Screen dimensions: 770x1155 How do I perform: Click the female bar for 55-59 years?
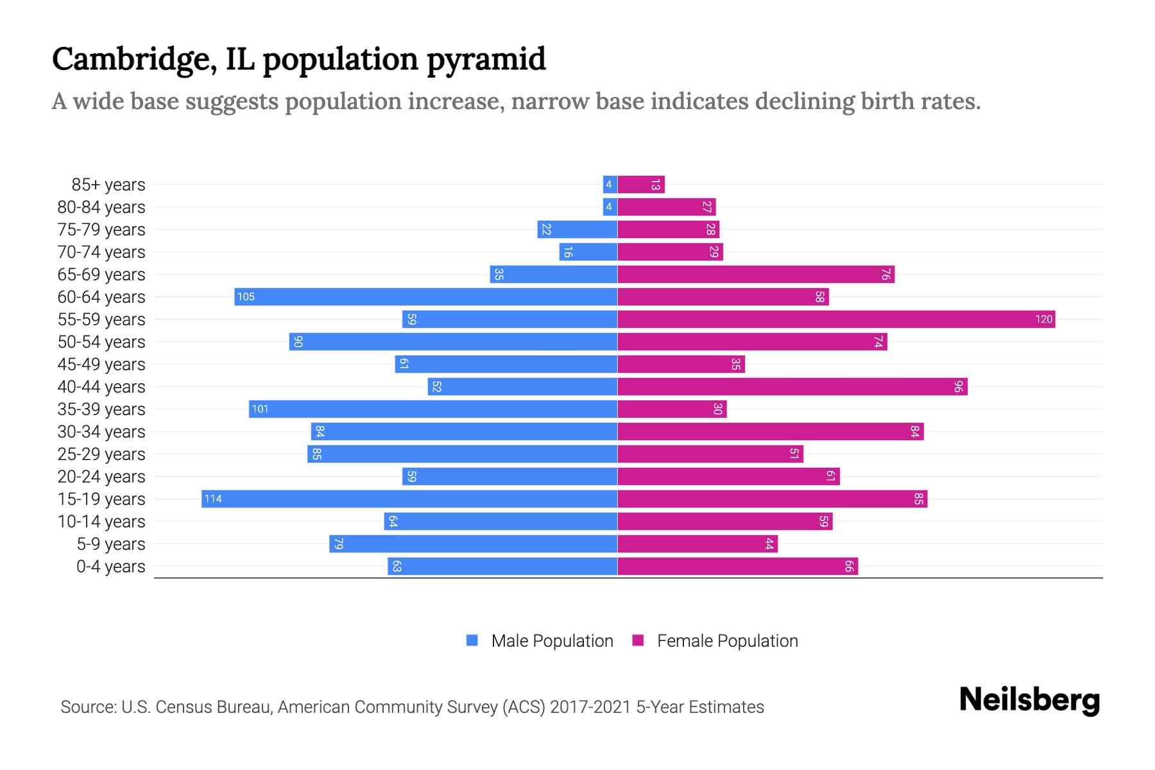(836, 319)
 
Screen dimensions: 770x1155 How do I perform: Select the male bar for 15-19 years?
(409, 499)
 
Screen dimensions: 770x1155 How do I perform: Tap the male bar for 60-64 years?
(425, 296)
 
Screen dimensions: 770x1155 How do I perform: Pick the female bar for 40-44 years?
(792, 386)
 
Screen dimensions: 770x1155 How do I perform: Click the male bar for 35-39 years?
(433, 409)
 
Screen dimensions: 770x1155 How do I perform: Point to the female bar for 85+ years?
(641, 185)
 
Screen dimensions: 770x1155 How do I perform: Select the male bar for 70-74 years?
(588, 252)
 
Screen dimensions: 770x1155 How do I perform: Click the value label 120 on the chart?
(1043, 319)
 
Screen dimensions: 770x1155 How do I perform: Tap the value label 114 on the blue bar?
(213, 499)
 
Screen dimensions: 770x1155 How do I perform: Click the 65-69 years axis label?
(101, 275)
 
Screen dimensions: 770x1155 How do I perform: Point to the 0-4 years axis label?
(110, 567)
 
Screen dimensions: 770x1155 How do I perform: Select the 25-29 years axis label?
(101, 454)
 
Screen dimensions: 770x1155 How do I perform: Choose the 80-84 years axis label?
(101, 207)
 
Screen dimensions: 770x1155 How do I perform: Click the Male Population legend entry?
(552, 640)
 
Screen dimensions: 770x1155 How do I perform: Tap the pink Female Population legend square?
(638, 640)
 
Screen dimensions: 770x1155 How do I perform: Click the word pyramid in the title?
(486, 60)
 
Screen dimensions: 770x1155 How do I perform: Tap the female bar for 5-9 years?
(697, 544)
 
